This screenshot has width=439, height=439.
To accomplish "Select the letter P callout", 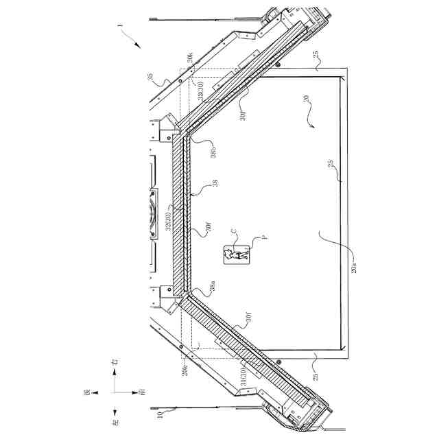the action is click(262, 239).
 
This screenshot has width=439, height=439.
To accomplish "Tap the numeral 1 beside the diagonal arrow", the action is click(121, 29).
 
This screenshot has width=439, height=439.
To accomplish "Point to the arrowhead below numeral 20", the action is click(312, 127).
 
